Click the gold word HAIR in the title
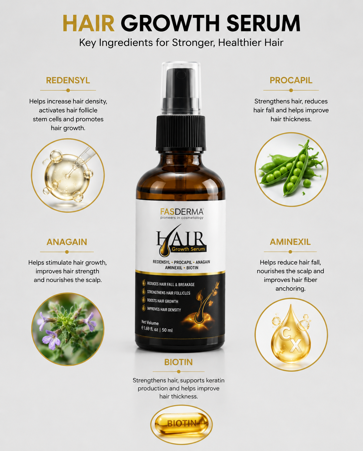(x=89, y=23)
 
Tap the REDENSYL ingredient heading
(x=68, y=80)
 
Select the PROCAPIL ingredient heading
(x=291, y=80)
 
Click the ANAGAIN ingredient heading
(x=67, y=242)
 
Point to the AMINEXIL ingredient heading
(x=290, y=242)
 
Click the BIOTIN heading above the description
(x=178, y=362)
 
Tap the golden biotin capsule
(x=181, y=424)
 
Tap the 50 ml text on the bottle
(x=167, y=330)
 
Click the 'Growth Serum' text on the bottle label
(x=188, y=249)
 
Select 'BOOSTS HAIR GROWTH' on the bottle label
(x=162, y=301)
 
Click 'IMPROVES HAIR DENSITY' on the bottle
(x=164, y=309)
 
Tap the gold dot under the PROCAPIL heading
(x=291, y=90)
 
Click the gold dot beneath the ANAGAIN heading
(x=67, y=252)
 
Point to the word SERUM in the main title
(x=263, y=23)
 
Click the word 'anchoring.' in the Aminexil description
(x=290, y=289)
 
